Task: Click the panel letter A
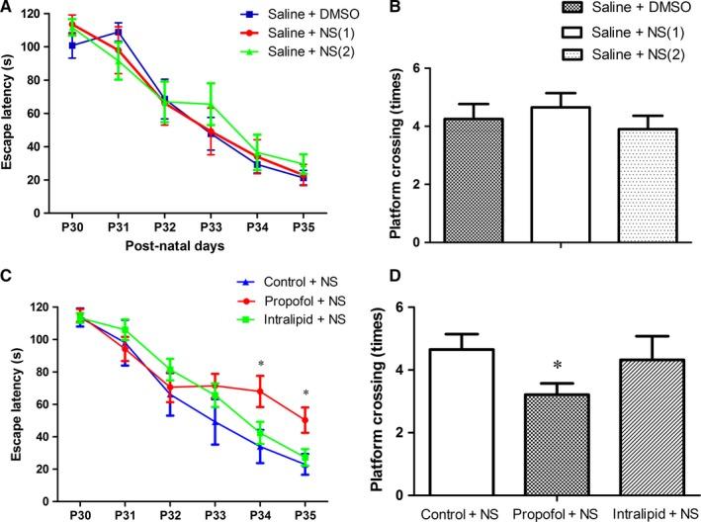click(x=8, y=9)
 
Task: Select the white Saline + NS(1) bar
click(x=534, y=174)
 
